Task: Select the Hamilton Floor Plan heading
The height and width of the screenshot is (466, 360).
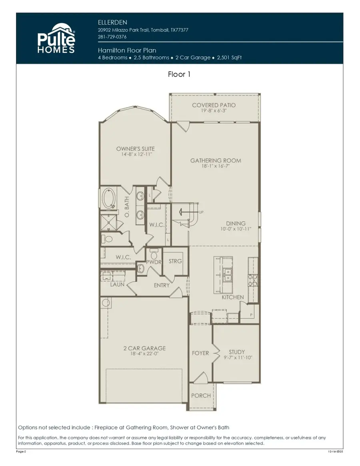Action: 127,50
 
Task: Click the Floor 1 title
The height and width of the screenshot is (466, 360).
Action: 179,74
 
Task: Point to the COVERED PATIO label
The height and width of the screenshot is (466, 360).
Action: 214,105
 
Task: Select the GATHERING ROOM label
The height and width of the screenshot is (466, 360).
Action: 215,161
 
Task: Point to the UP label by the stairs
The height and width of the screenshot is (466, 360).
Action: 201,213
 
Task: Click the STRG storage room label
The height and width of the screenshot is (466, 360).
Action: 175,261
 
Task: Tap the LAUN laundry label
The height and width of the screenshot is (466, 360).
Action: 118,285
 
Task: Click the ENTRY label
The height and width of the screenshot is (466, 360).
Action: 162,285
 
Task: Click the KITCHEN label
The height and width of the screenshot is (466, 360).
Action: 233,297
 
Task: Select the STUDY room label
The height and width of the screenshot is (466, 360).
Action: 237,352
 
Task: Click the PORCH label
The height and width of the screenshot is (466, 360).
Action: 201,396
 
